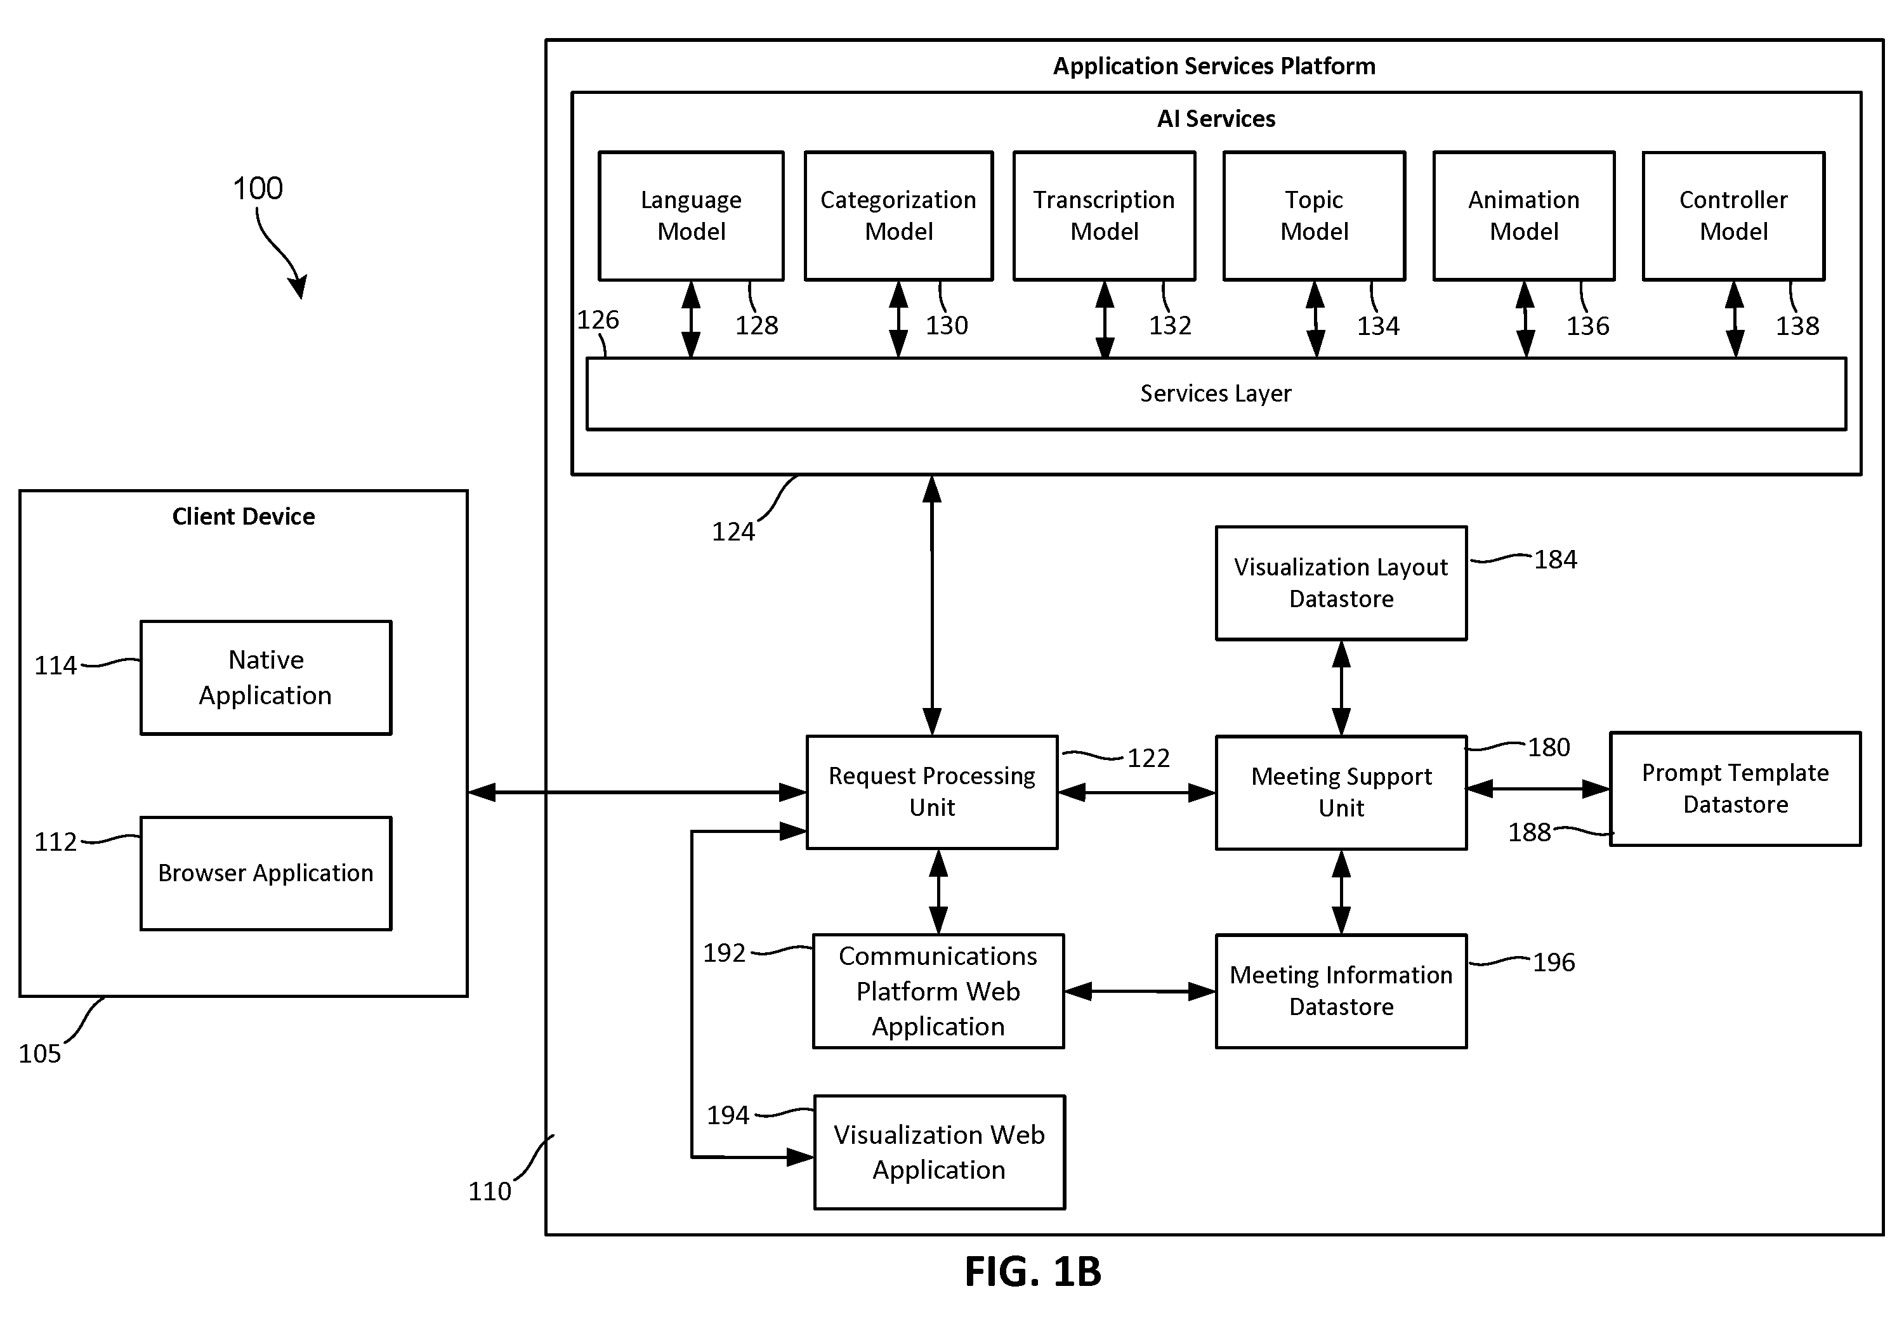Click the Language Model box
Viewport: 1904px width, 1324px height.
(691, 216)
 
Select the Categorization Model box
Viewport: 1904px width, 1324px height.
(898, 216)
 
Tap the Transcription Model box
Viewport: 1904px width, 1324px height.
(1104, 216)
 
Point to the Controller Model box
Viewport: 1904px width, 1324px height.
(1733, 216)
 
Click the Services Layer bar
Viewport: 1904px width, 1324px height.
(1216, 394)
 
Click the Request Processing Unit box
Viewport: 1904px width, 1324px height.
(931, 792)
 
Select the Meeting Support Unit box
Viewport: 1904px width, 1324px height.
(1341, 792)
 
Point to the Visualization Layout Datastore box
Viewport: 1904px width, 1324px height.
(1341, 583)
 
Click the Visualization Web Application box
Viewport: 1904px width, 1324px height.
(939, 1151)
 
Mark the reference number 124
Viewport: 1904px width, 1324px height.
(733, 532)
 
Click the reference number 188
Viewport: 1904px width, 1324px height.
(1529, 832)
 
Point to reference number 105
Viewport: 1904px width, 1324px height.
(40, 1053)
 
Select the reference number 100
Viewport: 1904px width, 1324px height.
(258, 188)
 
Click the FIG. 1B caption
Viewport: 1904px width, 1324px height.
(1034, 1271)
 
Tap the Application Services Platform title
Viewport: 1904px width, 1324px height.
(1214, 67)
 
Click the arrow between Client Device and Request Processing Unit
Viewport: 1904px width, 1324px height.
(637, 792)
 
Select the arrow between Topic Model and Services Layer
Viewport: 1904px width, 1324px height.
(1315, 320)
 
